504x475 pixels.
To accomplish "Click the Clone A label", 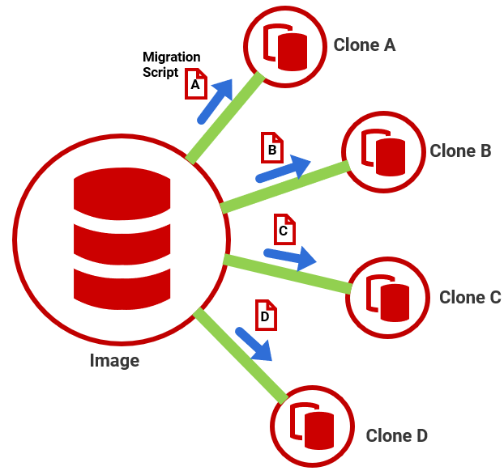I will (364, 45).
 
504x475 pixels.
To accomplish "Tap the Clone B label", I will (460, 151).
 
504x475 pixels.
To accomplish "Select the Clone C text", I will (470, 297).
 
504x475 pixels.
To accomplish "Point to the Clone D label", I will (396, 435).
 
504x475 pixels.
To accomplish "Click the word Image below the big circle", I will (114, 361).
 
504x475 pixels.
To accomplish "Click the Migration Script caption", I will (171, 64).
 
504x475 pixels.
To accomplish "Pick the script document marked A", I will (195, 83).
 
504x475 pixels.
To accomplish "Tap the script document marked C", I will (284, 231).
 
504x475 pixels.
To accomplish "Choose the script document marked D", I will (265, 316).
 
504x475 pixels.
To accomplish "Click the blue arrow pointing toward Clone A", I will (215, 101).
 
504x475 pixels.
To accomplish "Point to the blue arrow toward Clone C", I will (290, 257).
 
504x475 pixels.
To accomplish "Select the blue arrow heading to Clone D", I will (254, 343).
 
